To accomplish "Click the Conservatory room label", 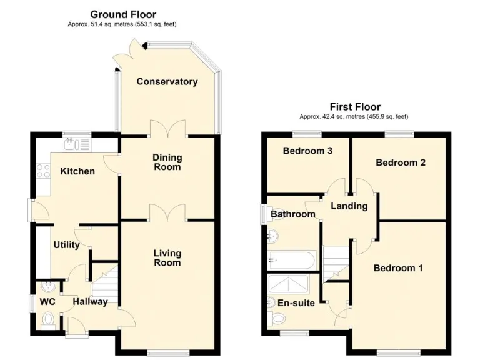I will [167, 81].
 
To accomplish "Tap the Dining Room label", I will [167, 162].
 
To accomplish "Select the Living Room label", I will [167, 257].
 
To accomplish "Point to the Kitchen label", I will [77, 171].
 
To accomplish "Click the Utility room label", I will [66, 245].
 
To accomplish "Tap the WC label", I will [47, 302].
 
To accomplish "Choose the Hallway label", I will [90, 302].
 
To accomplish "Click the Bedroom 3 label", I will [307, 151].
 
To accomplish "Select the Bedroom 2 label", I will [401, 162].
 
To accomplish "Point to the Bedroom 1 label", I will [398, 268].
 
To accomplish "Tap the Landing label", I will [349, 206].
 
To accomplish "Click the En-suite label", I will [296, 303].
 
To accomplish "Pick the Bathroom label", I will [292, 214].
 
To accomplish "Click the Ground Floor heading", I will [123, 14].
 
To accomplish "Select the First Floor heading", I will [355, 107].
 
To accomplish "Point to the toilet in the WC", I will [48, 319].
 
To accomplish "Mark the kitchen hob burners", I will [44, 171].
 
